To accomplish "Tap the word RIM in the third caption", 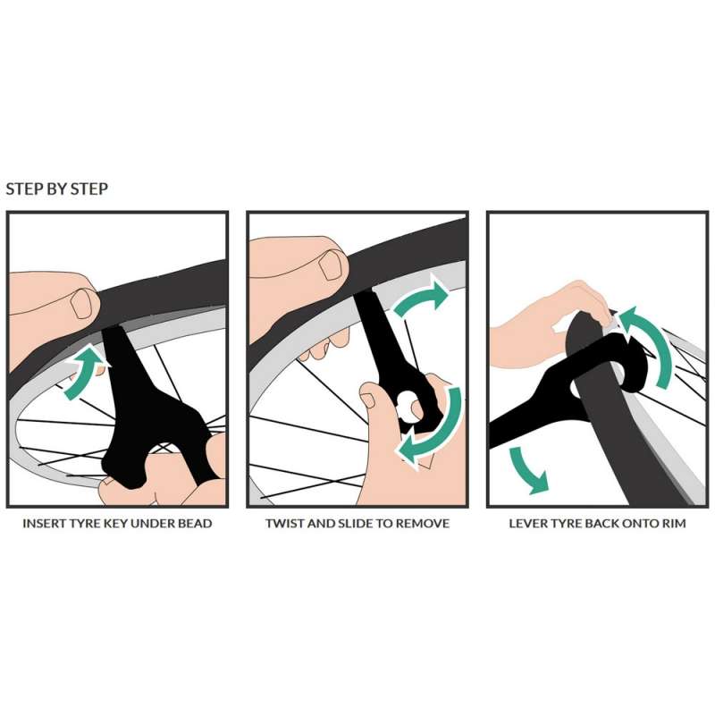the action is [x=675, y=523].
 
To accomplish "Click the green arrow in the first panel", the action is [x=83, y=373].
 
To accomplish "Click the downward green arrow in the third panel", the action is [x=528, y=470].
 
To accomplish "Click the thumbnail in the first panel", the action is [x=82, y=303].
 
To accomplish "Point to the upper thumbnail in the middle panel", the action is [x=331, y=266].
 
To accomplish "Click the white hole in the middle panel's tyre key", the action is [x=410, y=408].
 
